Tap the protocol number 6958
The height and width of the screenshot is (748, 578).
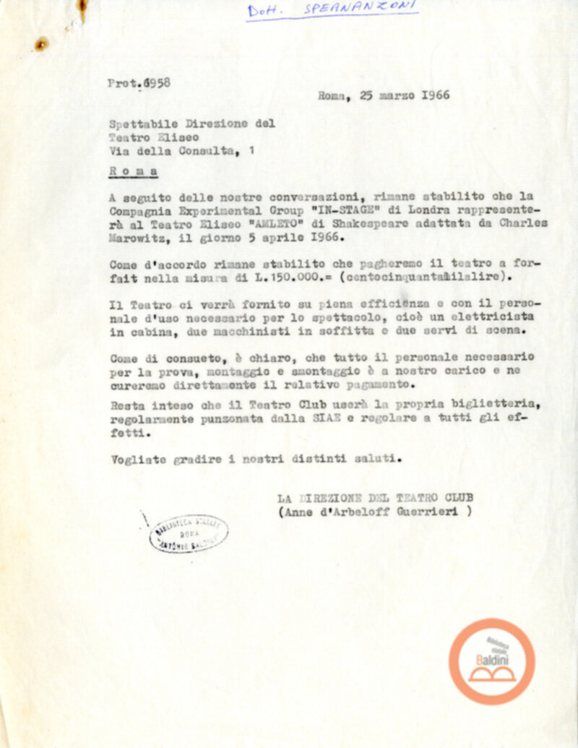(x=157, y=82)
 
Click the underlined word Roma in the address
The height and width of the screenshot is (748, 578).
(x=133, y=172)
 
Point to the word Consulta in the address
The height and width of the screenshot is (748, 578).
(x=210, y=151)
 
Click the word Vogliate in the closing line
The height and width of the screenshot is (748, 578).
(x=139, y=458)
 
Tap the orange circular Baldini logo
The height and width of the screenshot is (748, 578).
(x=492, y=661)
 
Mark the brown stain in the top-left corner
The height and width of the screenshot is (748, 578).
(x=42, y=44)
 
